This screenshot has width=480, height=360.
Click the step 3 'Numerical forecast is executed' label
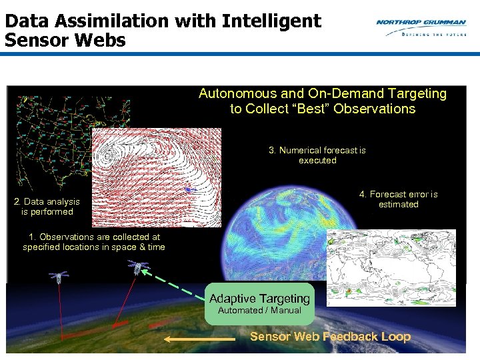click(317, 155)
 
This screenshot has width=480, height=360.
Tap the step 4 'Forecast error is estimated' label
click(398, 199)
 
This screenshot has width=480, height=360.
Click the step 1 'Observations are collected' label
click(94, 242)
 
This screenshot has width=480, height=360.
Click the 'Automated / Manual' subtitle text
click(259, 311)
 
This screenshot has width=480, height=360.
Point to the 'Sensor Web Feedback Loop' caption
click(330, 337)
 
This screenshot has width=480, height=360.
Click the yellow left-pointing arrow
click(190, 339)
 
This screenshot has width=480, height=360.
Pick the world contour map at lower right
click(391, 267)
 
